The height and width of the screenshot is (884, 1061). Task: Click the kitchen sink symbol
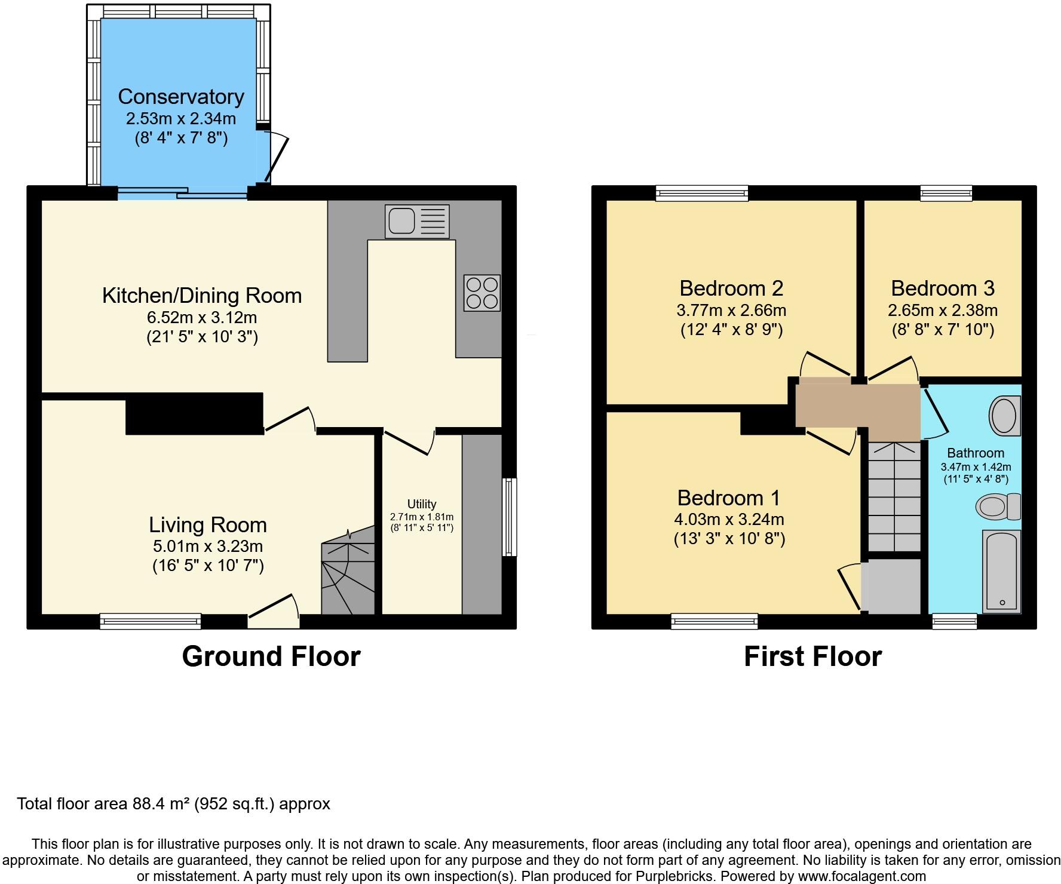point(417,222)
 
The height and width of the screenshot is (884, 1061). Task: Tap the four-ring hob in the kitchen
point(482,293)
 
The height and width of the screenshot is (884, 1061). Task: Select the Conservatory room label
point(180,97)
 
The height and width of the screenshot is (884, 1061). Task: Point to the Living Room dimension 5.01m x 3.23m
point(208,546)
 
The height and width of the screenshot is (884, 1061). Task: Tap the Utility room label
point(422,504)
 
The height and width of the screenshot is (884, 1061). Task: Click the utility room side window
point(510,517)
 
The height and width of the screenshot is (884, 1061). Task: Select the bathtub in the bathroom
point(1001,572)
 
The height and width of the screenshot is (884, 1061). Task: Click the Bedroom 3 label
point(942,288)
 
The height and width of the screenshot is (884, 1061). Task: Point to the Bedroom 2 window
point(701,192)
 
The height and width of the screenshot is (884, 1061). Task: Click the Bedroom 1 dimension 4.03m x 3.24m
point(729,519)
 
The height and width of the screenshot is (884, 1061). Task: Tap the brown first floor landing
point(857,405)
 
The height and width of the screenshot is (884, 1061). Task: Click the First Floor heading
point(812,656)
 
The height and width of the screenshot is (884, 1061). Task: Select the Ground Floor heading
point(271,656)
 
